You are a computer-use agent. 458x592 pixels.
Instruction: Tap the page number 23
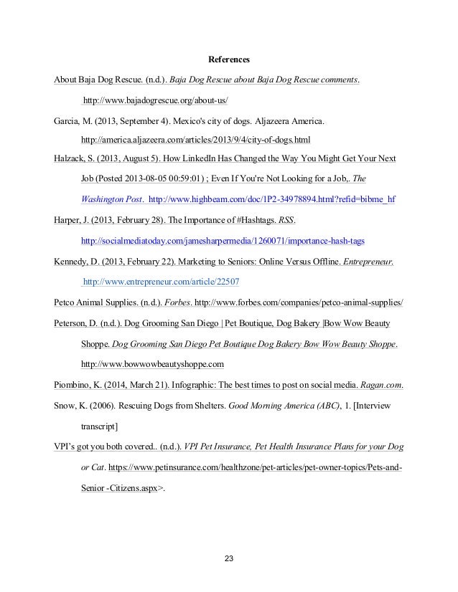(229, 558)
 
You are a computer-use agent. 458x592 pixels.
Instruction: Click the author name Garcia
(68, 119)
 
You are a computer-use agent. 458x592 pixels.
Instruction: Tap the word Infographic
(177, 384)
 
